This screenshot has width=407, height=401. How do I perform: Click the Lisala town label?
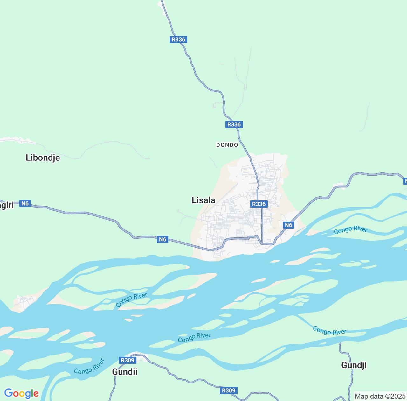(x=203, y=200)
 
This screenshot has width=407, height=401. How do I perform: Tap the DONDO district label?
(x=227, y=145)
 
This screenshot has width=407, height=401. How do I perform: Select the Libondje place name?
(x=43, y=158)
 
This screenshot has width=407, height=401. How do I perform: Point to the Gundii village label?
(x=125, y=372)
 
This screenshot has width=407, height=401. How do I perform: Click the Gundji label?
(x=354, y=365)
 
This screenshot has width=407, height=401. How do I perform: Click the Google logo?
(x=21, y=393)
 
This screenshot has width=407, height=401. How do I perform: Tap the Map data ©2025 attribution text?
(x=380, y=396)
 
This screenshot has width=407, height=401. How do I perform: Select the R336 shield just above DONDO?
(x=234, y=124)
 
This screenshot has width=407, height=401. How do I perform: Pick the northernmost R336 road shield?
(x=178, y=39)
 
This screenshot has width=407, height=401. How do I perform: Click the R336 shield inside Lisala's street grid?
(x=259, y=204)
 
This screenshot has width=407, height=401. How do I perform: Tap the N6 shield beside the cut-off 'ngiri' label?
(x=25, y=203)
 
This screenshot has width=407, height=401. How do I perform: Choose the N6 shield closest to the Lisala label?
(x=162, y=239)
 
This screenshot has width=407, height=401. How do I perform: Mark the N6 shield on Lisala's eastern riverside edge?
(x=288, y=225)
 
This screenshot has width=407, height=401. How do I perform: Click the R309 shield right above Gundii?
(x=128, y=360)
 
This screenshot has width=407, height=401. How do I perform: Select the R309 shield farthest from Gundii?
(x=229, y=390)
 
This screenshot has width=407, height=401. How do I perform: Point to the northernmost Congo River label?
(x=351, y=230)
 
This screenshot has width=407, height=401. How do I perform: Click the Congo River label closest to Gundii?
(x=89, y=366)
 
